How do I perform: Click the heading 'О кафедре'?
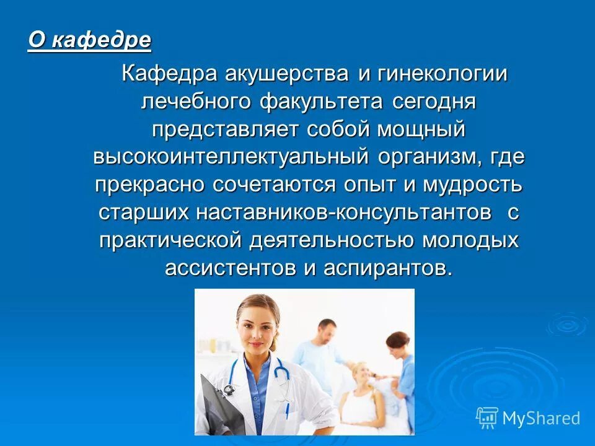(x=90, y=41)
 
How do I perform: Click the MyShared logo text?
(x=540, y=418)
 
